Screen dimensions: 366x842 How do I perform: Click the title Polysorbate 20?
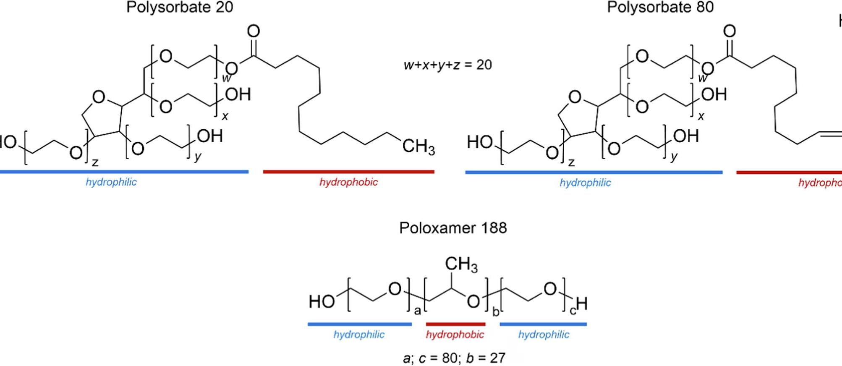pos(180,8)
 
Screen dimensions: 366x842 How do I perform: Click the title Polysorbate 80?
pos(660,8)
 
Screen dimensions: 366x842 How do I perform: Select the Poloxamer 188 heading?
pos(453,228)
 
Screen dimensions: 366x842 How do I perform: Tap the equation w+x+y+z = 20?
pos(447,65)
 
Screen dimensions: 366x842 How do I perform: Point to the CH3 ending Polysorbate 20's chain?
pos(418,146)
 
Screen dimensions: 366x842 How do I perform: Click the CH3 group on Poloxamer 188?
pos(461,264)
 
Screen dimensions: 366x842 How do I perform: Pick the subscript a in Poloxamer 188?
pos(417,311)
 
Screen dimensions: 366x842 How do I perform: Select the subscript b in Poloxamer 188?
pos(496,312)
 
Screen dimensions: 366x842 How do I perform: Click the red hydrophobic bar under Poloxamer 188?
pos(455,324)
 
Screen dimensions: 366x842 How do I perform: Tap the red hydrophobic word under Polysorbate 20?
pos(348,182)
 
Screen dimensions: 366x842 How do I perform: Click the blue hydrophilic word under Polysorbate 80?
pos(585,183)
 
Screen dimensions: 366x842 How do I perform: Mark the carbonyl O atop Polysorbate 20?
pos(254,31)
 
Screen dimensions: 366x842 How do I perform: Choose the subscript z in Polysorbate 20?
pos(95,162)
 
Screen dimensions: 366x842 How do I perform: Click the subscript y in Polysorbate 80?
pos(674,157)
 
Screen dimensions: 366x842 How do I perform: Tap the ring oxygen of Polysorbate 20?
pos(99,97)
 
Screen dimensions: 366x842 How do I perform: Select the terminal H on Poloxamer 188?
pos(582,303)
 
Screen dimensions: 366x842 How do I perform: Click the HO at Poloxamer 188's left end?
pos(322,301)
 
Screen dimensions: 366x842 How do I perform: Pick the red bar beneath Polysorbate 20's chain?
pos(348,172)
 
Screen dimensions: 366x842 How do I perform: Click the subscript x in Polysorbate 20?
pos(225,116)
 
